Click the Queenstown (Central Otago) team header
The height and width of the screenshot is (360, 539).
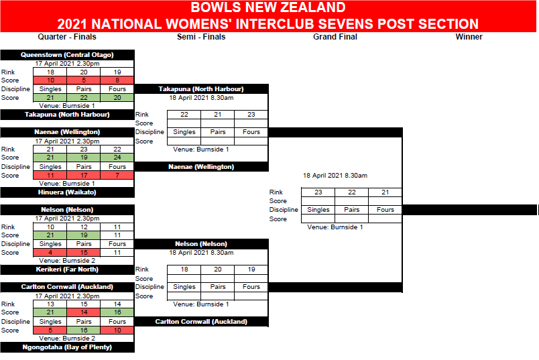click(x=67, y=55)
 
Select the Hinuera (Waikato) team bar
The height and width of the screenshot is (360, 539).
click(x=67, y=192)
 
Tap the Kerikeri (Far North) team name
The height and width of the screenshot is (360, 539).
click(x=67, y=269)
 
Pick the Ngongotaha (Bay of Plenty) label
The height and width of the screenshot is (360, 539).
click(x=67, y=347)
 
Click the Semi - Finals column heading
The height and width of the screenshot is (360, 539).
click(x=201, y=37)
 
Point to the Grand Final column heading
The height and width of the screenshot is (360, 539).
click(x=335, y=37)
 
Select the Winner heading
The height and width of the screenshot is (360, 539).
click(x=469, y=37)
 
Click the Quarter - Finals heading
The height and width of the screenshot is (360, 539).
click(x=67, y=37)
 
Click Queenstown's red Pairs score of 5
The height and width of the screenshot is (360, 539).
click(x=84, y=80)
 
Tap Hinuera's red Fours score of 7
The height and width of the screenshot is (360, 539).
click(x=117, y=176)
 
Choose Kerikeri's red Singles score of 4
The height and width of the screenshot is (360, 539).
click(x=50, y=253)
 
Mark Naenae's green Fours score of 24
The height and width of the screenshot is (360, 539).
click(x=117, y=158)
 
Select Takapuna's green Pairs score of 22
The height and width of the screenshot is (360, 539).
click(x=84, y=98)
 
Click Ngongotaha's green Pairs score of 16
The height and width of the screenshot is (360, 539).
click(x=84, y=330)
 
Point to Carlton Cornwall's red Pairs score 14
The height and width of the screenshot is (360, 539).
click(x=84, y=312)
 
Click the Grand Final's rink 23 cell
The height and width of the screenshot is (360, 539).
click(x=318, y=192)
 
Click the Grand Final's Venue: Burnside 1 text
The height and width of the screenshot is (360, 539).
click(x=335, y=227)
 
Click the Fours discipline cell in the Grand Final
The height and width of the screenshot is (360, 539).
click(x=385, y=210)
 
